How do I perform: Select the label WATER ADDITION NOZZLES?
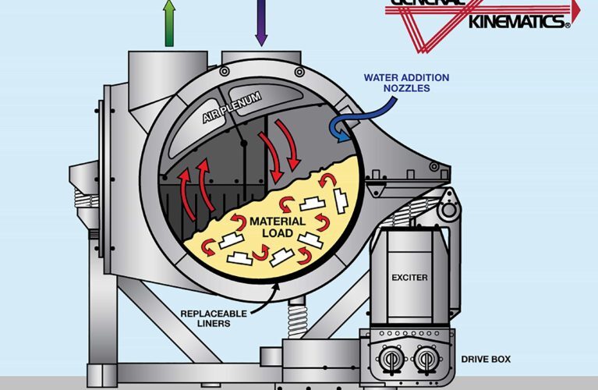coord(405,83)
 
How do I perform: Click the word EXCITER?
coord(409,276)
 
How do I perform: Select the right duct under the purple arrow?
coord(260,57)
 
